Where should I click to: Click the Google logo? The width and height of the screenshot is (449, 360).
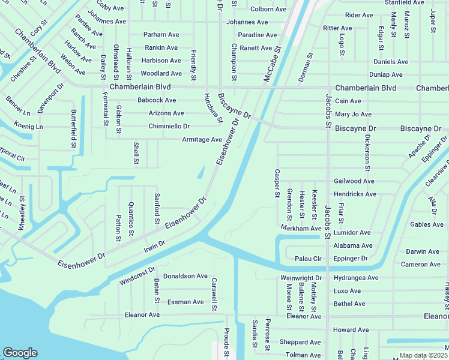tap(20, 353)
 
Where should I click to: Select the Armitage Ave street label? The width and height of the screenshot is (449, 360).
tap(202, 140)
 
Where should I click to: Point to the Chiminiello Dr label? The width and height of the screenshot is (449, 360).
tap(169, 127)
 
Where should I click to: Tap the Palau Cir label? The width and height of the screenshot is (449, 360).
tap(309, 259)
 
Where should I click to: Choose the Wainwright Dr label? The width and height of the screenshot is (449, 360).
tap(301, 278)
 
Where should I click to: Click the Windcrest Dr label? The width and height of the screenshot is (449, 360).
tap(137, 276)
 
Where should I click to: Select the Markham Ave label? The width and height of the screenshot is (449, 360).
tap(301, 228)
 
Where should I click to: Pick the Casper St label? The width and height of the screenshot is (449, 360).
tap(277, 183)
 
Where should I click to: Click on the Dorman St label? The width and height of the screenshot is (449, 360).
tap(306, 68)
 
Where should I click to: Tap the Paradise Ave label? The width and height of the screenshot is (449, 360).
tap(257, 35)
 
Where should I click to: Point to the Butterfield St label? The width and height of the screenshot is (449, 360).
tap(73, 129)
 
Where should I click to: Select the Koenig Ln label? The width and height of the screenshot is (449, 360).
tap(29, 127)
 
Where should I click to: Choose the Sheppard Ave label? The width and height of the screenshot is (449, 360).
tap(301, 343)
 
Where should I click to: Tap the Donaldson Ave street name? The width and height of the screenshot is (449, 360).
tap(185, 276)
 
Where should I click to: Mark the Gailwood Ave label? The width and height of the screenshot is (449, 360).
tap(354, 181)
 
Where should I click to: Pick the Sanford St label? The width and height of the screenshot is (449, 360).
tap(157, 204)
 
